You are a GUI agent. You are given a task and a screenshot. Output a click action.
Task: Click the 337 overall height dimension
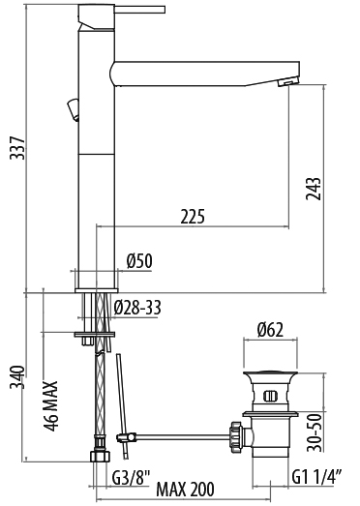[x=17, y=148]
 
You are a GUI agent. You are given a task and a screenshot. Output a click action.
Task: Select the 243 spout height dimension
[x=314, y=189]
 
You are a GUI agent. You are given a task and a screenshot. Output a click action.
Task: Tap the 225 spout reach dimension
[x=193, y=216]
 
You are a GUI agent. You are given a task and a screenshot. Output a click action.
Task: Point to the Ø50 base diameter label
[x=139, y=261]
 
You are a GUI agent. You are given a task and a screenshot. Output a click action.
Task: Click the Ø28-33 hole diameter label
[x=137, y=308]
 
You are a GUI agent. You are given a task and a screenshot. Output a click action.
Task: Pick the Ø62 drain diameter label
[x=270, y=330]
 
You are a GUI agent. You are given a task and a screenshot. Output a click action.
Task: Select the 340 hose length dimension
[x=17, y=377]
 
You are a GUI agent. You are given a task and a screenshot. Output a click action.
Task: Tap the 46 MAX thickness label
[x=51, y=406]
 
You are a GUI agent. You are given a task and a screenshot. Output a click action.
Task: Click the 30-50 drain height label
[x=315, y=432]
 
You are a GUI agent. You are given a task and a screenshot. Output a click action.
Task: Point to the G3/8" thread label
[x=132, y=478]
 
